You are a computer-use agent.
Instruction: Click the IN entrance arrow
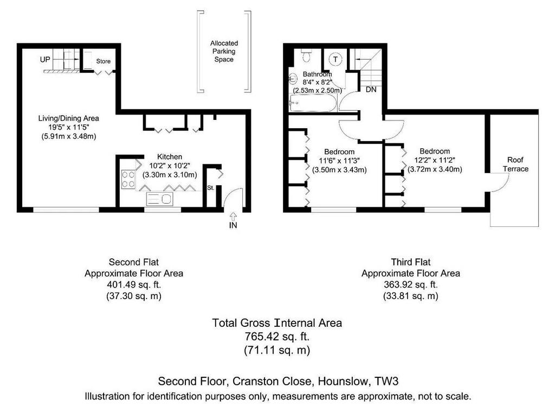pos(233,216)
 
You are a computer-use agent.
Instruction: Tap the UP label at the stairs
pos(45,60)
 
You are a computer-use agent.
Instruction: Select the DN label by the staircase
pos(371,90)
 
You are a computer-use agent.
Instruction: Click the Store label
pos(104,61)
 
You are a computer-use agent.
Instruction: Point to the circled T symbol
pos(335,59)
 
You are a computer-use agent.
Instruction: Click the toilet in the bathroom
pos(307,55)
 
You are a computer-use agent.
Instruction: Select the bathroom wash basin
pos(293,78)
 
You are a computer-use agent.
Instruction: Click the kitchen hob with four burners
pos(128,180)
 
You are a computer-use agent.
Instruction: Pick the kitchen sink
pos(160,199)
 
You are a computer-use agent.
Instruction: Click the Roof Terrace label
pos(515,164)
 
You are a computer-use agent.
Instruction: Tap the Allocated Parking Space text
pos(224,52)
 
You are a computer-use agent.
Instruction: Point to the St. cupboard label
pos(211,188)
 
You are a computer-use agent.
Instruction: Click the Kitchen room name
pos(170,157)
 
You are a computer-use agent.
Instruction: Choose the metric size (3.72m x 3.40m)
pos(435,169)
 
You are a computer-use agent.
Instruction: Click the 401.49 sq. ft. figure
pos(134,284)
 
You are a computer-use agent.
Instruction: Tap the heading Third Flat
pos(411,262)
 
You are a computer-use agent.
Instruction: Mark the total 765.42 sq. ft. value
pos(277,336)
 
